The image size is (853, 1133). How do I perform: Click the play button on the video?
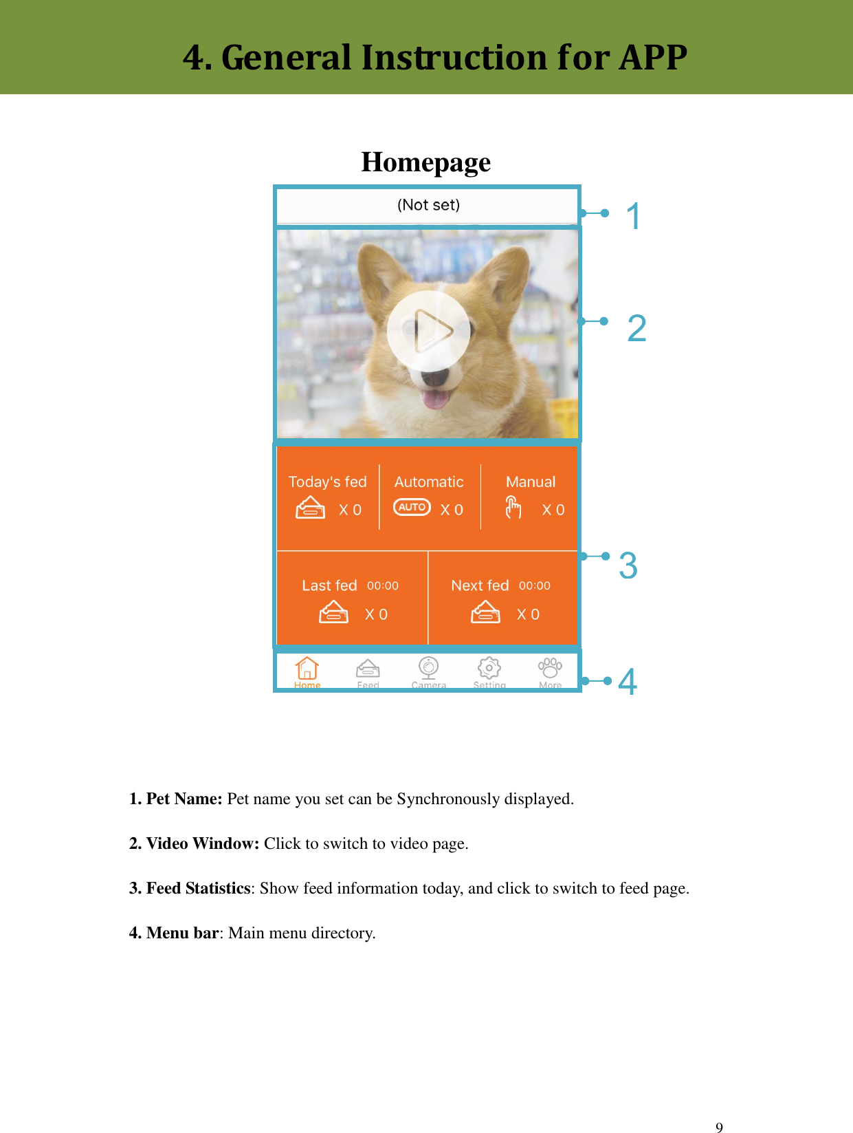pyautogui.click(x=429, y=331)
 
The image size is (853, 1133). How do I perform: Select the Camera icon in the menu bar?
pyautogui.click(x=429, y=668)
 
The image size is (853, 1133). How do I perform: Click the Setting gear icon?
pyautogui.click(x=489, y=668)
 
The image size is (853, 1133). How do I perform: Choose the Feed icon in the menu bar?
pyautogui.click(x=368, y=669)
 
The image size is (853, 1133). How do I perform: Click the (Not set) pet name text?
pyautogui.click(x=428, y=205)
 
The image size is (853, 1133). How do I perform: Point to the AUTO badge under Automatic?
pyautogui.click(x=412, y=508)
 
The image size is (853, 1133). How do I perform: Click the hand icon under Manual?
pyautogui.click(x=513, y=508)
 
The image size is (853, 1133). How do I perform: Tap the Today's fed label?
pyautogui.click(x=328, y=482)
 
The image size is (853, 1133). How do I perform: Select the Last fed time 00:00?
pyautogui.click(x=383, y=586)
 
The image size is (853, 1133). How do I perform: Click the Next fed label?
pyautogui.click(x=480, y=585)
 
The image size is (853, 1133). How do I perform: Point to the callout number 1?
pyautogui.click(x=633, y=216)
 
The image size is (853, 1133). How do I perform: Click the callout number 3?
pyautogui.click(x=628, y=565)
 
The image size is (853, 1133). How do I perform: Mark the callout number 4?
pyautogui.click(x=628, y=682)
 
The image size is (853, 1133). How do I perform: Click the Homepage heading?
pyautogui.click(x=426, y=162)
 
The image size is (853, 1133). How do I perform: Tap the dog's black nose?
pyautogui.click(x=434, y=377)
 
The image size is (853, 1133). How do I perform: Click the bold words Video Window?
pyautogui.click(x=203, y=843)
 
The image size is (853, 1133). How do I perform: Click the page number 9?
pyautogui.click(x=719, y=1127)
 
